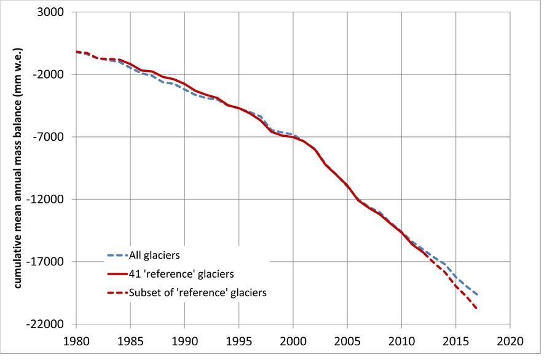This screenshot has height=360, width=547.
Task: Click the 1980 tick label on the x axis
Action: pos(76,340)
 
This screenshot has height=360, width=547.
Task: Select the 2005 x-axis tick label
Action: pos(347,340)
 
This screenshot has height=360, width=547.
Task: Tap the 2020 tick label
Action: pos(510,340)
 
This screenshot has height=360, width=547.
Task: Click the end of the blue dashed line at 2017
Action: pos(478,295)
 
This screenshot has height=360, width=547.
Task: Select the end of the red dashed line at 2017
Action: pos(478,308)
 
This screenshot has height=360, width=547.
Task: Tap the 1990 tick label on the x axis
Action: pos(184,340)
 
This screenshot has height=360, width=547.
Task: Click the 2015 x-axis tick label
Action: pos(455,340)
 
